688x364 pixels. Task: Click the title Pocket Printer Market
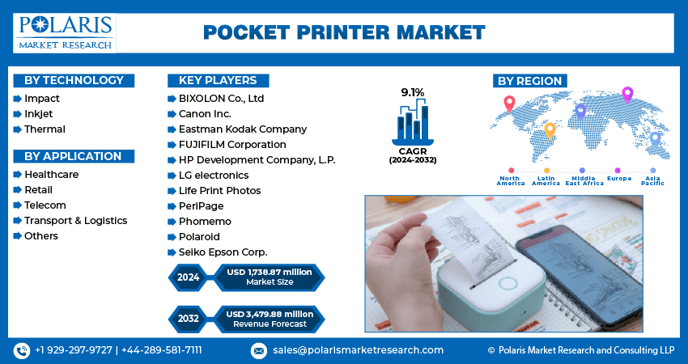[343, 32]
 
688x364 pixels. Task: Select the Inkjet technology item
[39, 114]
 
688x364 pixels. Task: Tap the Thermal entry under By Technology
[45, 129]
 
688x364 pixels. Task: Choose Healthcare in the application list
[51, 175]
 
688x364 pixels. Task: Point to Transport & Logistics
[75, 221]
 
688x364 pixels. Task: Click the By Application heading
[73, 156]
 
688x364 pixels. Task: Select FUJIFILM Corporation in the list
[232, 145]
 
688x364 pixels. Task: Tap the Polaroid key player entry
[199, 237]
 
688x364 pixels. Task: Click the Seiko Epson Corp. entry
[223, 252]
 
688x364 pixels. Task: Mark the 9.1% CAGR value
[413, 92]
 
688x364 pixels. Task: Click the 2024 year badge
[189, 277]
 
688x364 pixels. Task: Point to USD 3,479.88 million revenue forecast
[270, 319]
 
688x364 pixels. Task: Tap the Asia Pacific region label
[652, 181]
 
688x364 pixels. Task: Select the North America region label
[510, 181]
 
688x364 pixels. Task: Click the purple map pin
[626, 95]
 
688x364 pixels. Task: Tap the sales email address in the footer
[357, 350]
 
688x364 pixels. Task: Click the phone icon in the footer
[21, 350]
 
